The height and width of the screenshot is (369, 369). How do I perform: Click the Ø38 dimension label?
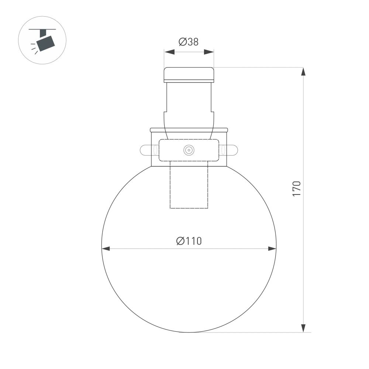[188, 42]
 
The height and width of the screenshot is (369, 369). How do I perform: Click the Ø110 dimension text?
[189, 241]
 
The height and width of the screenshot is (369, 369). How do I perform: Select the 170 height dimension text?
[297, 188]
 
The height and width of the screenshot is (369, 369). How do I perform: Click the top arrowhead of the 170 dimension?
[303, 72]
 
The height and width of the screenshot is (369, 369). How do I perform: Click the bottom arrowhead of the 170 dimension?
[303, 328]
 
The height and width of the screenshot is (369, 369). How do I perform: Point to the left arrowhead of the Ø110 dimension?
[106, 249]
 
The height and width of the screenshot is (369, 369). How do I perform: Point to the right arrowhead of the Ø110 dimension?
[272, 249]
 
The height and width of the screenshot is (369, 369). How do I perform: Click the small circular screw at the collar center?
[189, 150]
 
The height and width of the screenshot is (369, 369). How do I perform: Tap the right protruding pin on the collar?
[233, 150]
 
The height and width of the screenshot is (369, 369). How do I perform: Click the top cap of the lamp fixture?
[189, 74]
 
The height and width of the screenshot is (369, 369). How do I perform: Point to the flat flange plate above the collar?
[189, 130]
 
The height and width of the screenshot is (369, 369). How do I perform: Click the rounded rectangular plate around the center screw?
[170, 150]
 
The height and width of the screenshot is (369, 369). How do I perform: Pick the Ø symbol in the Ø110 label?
[180, 241]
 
